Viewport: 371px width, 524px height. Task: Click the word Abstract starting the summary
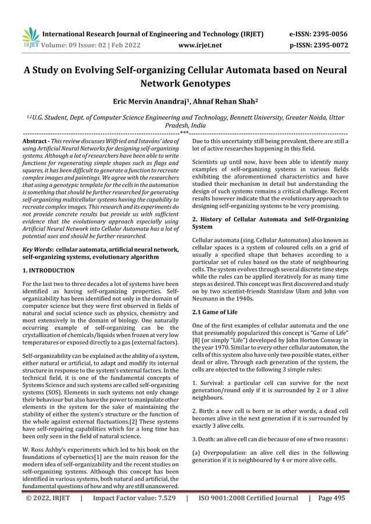pos(35,141)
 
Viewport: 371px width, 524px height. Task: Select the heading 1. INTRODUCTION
pos(48,271)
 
